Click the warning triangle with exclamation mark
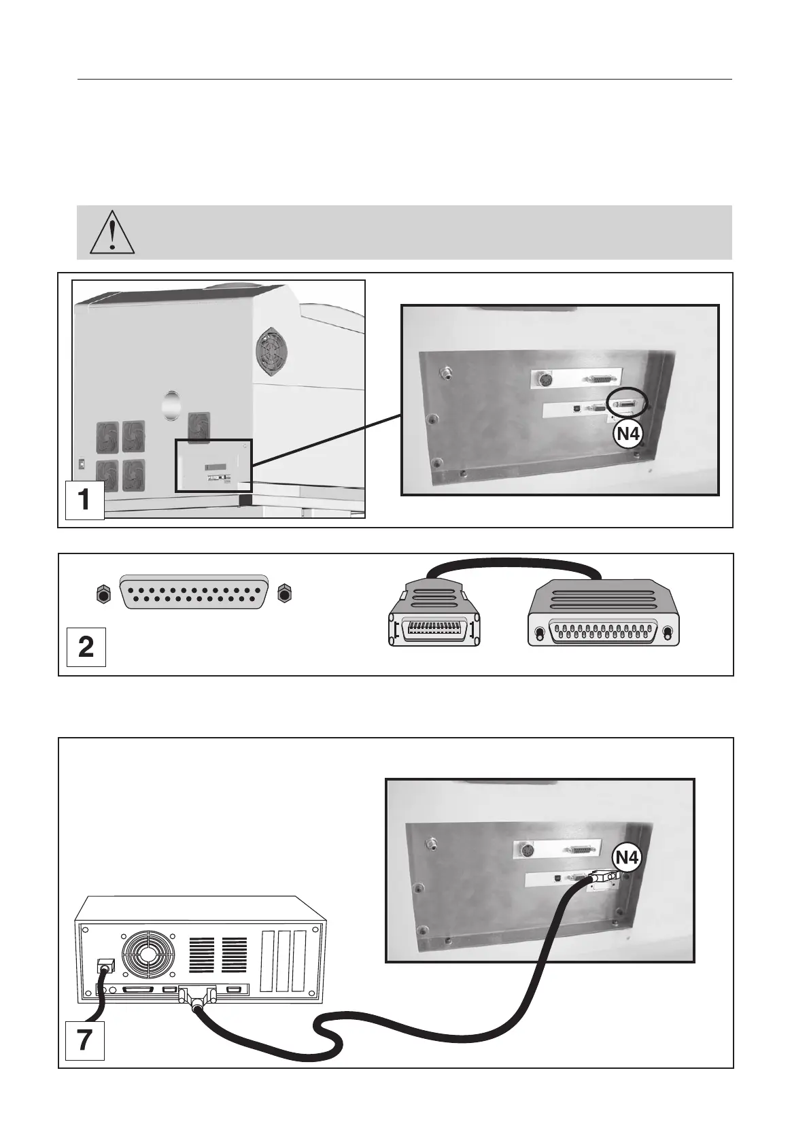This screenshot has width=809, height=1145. click(113, 232)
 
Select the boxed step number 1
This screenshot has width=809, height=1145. click(84, 500)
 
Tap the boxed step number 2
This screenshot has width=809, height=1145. click(86, 647)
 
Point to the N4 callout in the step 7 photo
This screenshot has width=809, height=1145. click(626, 859)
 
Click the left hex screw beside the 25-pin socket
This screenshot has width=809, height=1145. click(102, 594)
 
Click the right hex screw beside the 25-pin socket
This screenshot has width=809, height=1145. click(285, 594)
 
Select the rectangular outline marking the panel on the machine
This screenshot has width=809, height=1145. click(213, 466)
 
